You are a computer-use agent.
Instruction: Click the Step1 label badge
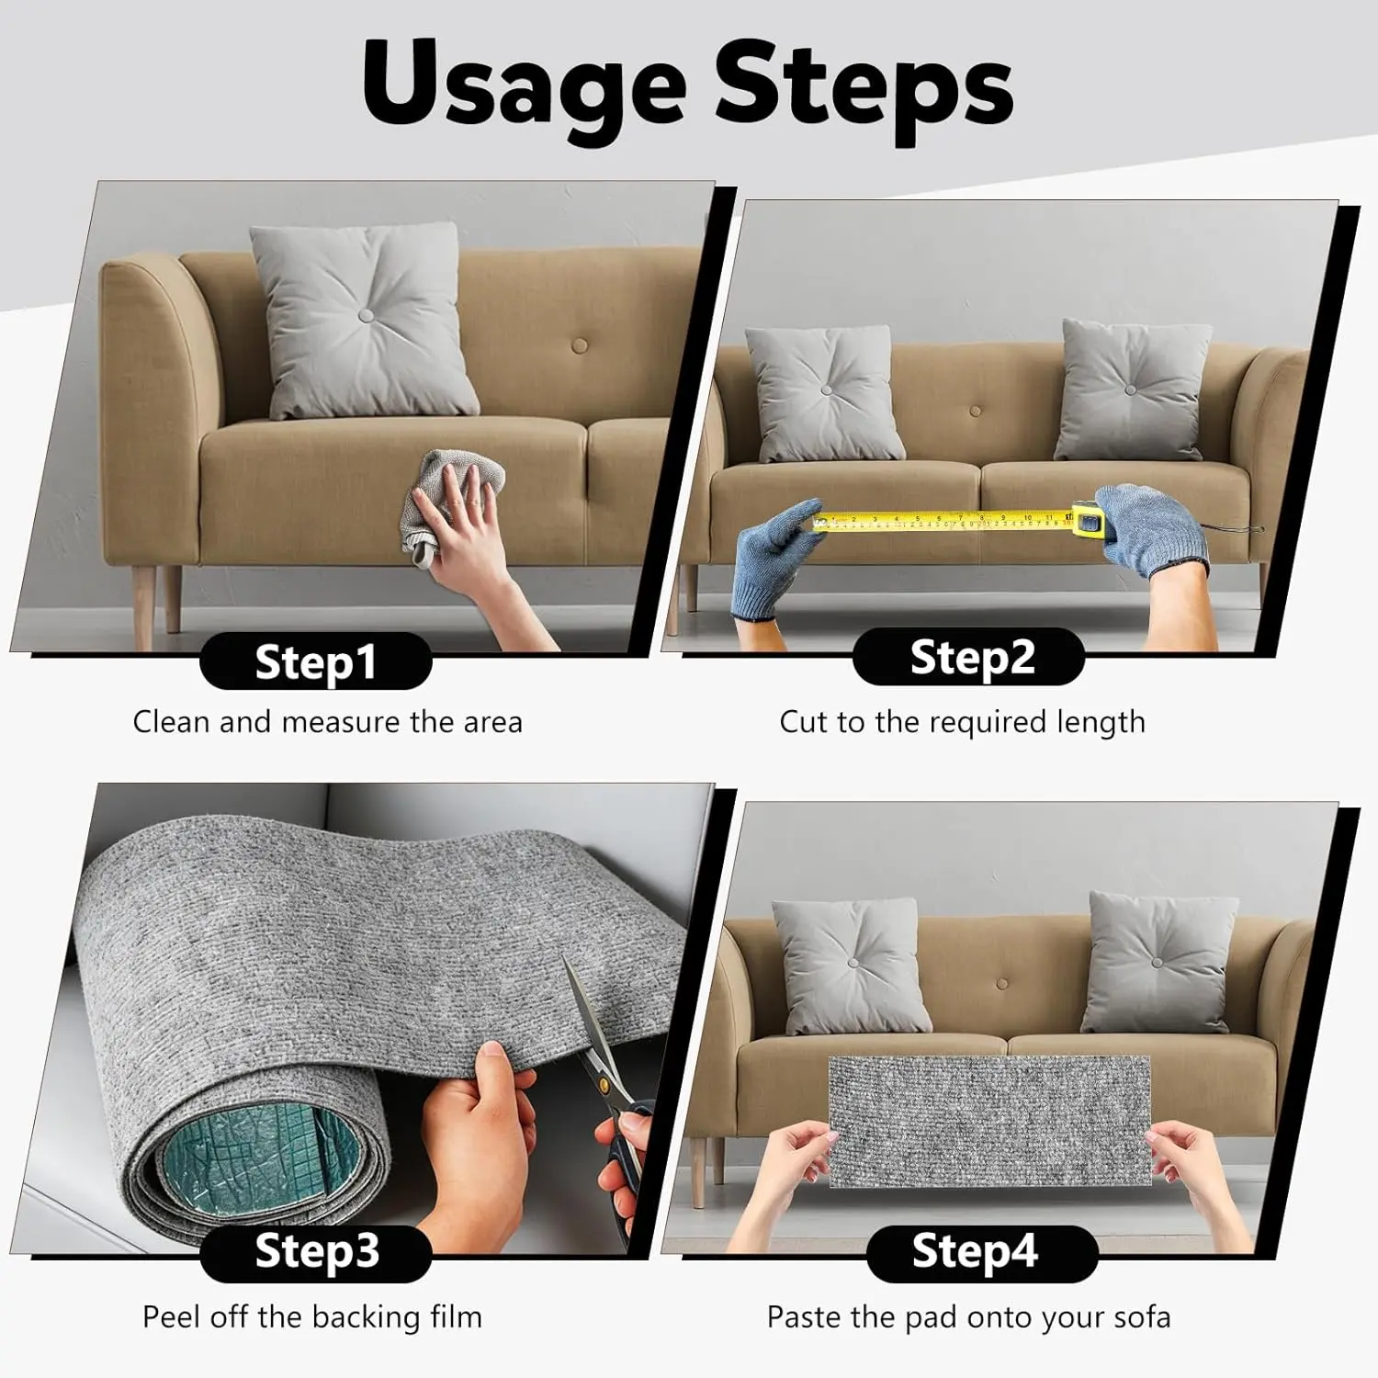(x=316, y=661)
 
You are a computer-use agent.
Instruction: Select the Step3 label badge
(x=316, y=1252)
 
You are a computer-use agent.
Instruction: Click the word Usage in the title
(x=525, y=85)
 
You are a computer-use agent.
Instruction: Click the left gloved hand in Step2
(x=776, y=557)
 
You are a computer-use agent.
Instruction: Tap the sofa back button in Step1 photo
(x=580, y=346)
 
